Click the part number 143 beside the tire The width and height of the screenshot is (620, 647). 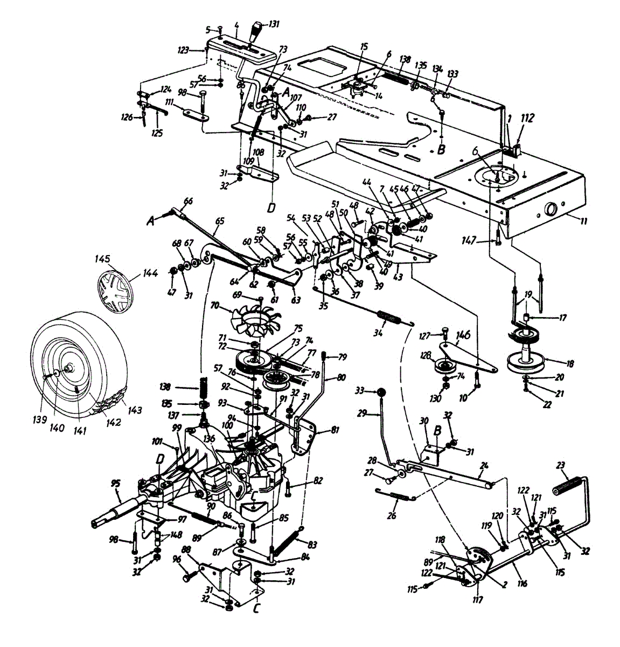pyautogui.click(x=135, y=411)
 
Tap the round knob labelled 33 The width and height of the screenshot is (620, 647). pyautogui.click(x=380, y=391)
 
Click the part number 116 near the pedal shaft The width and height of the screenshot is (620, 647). pyautogui.click(x=522, y=583)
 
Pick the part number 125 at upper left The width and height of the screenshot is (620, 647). pyautogui.click(x=157, y=132)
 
